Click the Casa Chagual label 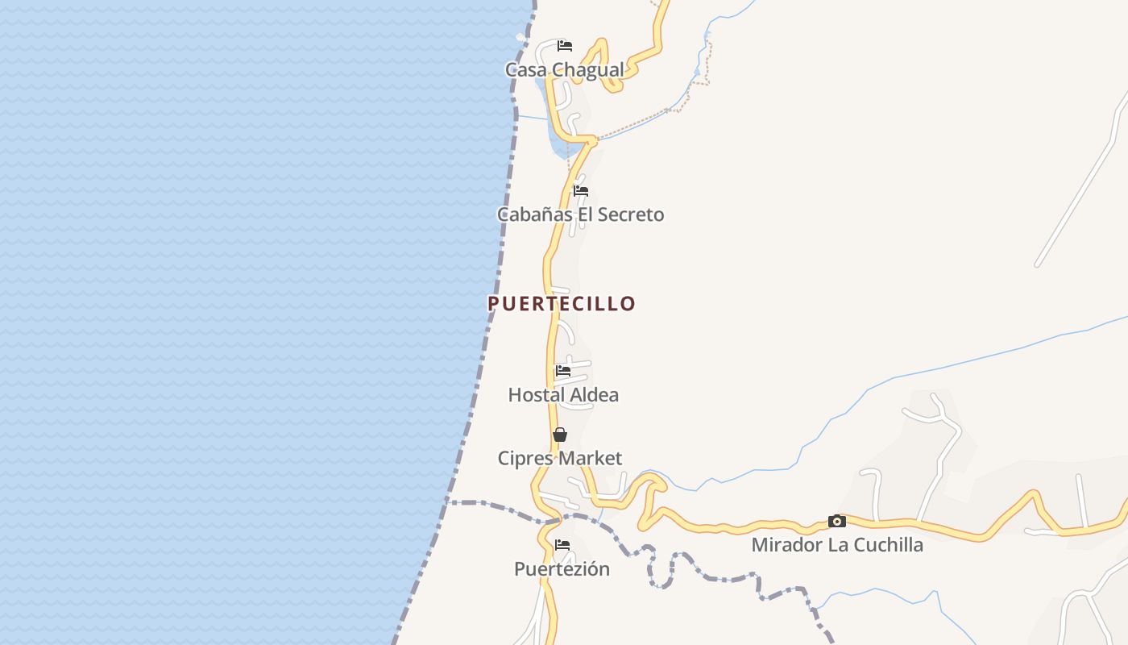(564, 70)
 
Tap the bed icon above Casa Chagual (565, 45)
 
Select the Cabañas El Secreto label (580, 214)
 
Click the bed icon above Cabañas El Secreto (580, 191)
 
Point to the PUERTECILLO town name (562, 304)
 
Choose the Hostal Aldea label (563, 395)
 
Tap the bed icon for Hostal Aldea (562, 371)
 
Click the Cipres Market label (559, 459)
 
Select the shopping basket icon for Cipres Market (559, 435)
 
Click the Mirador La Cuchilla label (837, 545)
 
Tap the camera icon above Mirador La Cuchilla (837, 522)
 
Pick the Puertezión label (562, 569)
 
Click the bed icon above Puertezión (562, 546)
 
